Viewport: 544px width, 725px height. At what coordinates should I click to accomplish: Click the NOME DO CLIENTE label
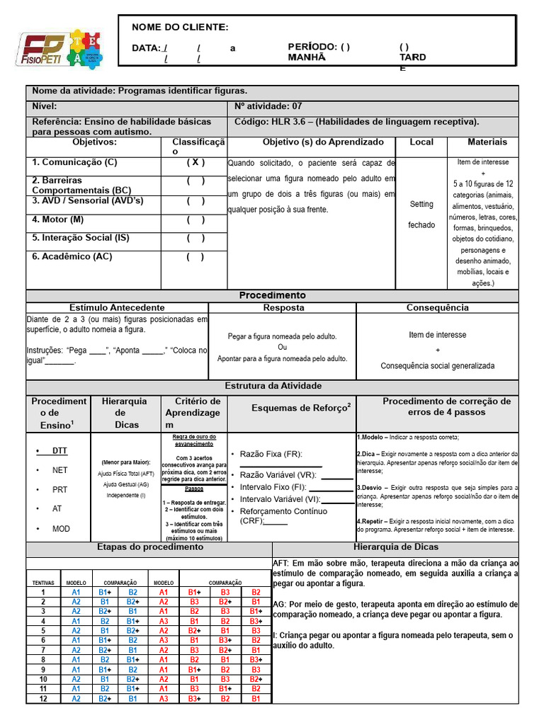[x=180, y=27]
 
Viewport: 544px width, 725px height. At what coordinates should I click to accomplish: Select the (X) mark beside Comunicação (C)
[x=196, y=162]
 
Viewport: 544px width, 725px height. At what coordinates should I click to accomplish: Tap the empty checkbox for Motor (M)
[x=196, y=219]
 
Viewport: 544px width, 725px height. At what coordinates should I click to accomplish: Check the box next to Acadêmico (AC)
[x=196, y=256]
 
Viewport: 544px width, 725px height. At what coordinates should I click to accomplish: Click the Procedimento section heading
[x=272, y=295]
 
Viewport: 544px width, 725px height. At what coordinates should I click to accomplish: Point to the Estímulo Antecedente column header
[x=117, y=307]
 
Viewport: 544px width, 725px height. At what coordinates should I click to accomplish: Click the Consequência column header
[x=437, y=307]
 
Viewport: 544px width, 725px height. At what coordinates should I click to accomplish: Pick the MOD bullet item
[x=61, y=529]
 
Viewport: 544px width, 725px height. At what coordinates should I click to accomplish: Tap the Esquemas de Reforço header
[x=301, y=408]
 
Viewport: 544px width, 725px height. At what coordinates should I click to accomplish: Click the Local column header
[x=421, y=142]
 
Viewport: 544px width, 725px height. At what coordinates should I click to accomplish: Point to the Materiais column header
[x=487, y=142]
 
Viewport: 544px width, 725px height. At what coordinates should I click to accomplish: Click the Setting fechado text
[x=421, y=215]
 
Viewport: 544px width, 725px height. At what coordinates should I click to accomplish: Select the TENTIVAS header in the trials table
[x=43, y=582]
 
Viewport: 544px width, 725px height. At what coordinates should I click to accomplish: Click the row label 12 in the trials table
[x=43, y=698]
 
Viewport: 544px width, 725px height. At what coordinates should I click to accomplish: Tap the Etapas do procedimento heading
[x=149, y=547]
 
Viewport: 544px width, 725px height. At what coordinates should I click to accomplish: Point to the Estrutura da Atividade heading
[x=273, y=386]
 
